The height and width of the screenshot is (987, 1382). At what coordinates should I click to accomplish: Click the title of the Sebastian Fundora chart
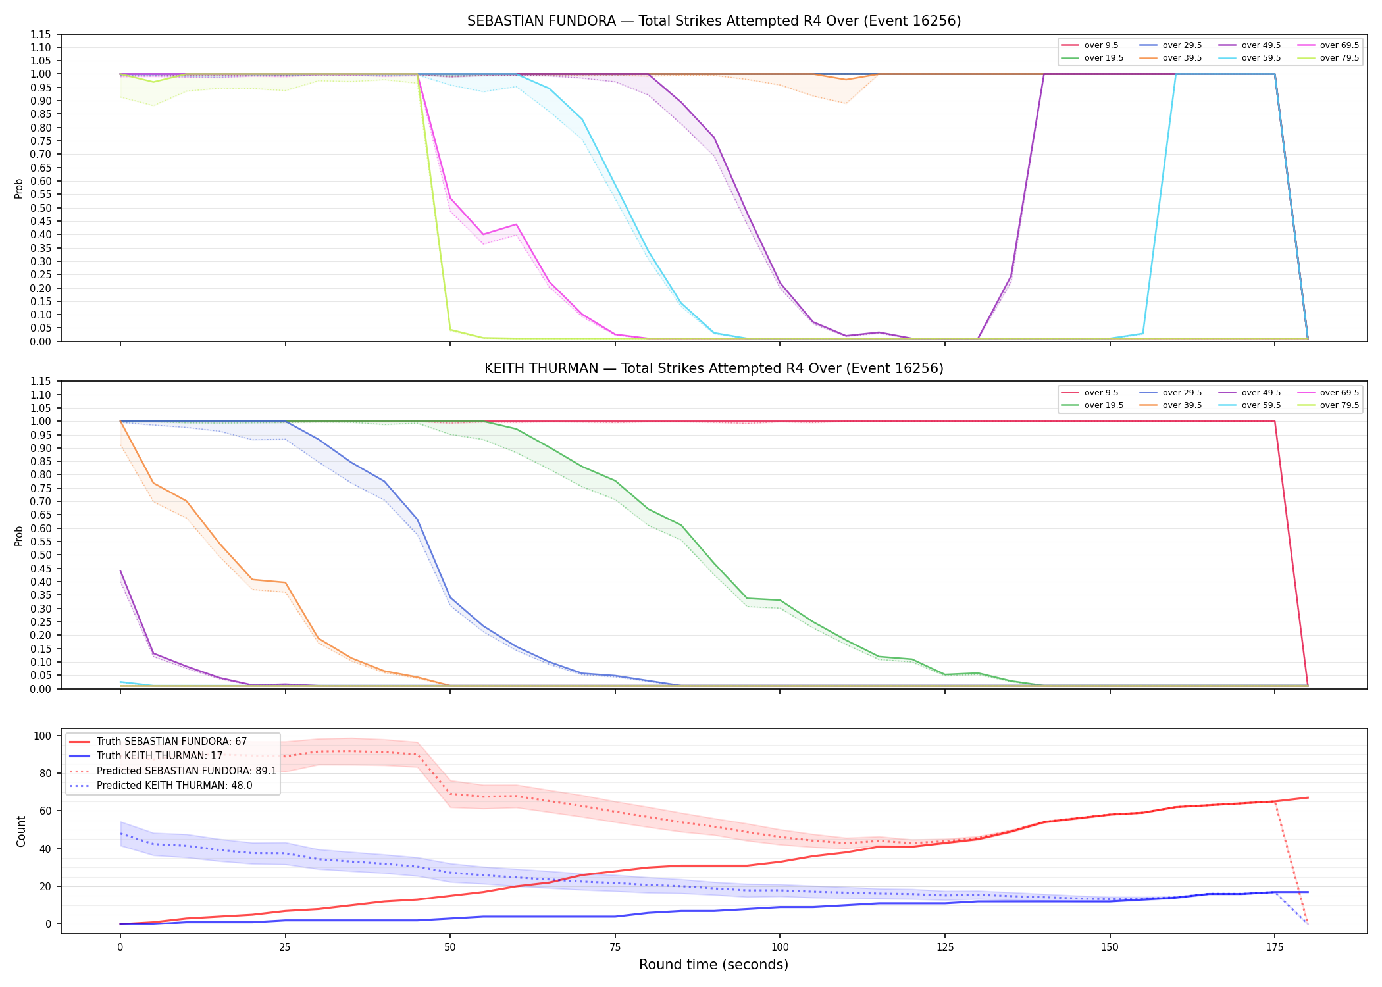coord(714,21)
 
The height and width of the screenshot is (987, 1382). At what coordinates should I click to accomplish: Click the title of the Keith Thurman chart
coord(714,368)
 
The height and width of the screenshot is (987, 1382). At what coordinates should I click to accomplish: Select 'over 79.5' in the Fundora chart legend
coord(1339,58)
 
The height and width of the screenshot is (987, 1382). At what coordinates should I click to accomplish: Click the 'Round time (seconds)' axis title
coord(713,965)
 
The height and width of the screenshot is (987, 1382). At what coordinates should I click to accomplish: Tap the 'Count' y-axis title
coord(22,831)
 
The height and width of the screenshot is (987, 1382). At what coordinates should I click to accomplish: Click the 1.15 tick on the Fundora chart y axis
coord(40,34)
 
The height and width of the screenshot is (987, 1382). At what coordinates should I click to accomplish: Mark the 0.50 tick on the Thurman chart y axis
coord(40,555)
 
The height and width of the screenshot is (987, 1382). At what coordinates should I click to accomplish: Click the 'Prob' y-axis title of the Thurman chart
coord(19,536)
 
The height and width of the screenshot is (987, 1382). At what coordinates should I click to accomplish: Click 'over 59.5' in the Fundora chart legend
coord(1261,58)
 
